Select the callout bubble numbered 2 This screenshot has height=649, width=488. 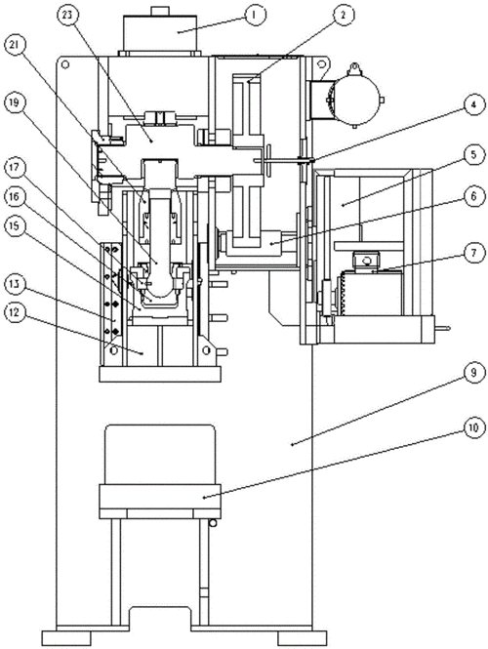344,15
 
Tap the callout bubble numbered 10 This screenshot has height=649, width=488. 473,427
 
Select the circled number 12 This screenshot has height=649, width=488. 15,311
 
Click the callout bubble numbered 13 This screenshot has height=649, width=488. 15,284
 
